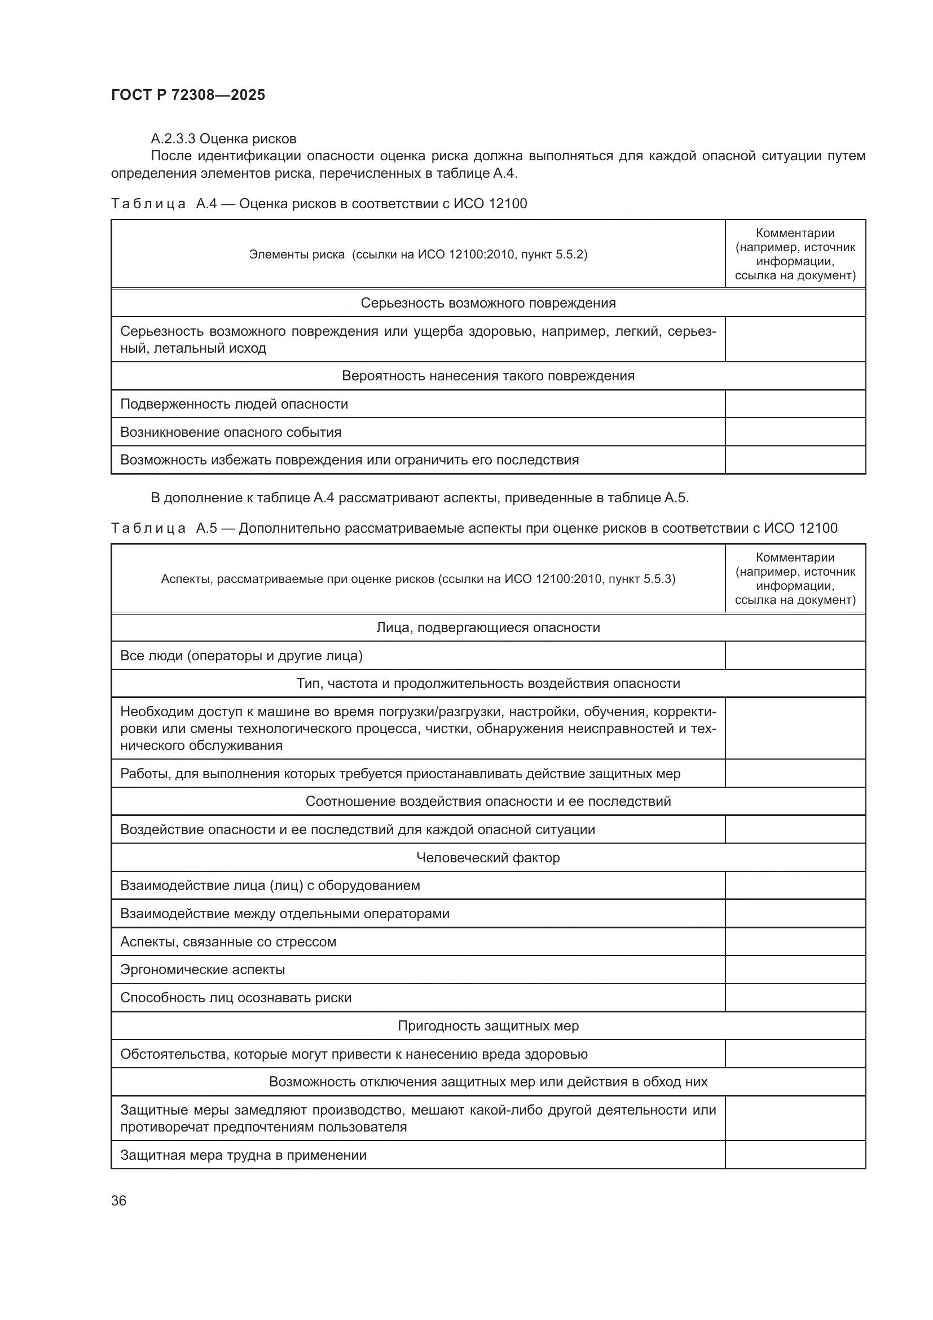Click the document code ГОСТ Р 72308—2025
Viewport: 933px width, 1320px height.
pyautogui.click(x=188, y=95)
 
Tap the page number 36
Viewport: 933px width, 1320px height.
pyautogui.click(x=119, y=1200)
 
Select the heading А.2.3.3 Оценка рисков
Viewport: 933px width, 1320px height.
pyautogui.click(x=223, y=139)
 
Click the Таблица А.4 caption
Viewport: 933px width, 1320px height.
pyautogui.click(x=319, y=204)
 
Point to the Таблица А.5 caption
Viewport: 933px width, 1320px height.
pyautogui.click(x=474, y=528)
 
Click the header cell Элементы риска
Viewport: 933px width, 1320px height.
pyautogui.click(x=417, y=254)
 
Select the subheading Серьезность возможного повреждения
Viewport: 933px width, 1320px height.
pyautogui.click(x=488, y=303)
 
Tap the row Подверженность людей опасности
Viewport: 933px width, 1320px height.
pyautogui.click(x=234, y=404)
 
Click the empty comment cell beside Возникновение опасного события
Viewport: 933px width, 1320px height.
pyautogui.click(x=795, y=432)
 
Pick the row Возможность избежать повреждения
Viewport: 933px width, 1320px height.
pyautogui.click(x=349, y=460)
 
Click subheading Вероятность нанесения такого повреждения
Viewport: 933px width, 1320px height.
pyautogui.click(x=488, y=376)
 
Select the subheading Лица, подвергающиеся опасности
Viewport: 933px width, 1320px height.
pyautogui.click(x=488, y=627)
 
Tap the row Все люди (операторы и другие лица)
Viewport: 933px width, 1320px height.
pyautogui.click(x=241, y=655)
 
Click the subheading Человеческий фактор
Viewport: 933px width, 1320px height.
pyautogui.click(x=488, y=857)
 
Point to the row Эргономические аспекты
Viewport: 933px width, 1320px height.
pyautogui.click(x=203, y=970)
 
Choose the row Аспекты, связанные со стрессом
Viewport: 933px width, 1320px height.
pyautogui.click(x=228, y=942)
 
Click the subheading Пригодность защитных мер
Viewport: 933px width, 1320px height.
pyautogui.click(x=488, y=1025)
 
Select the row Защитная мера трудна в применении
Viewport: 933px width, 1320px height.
pyautogui.click(x=243, y=1155)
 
